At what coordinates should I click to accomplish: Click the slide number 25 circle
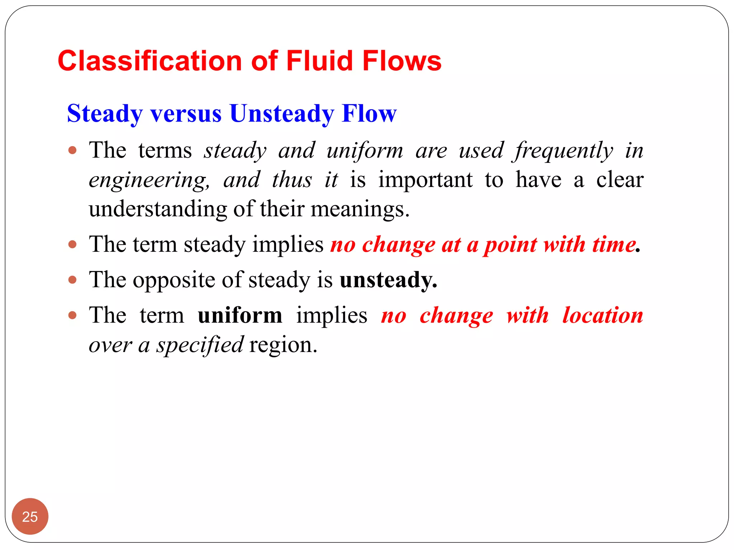click(x=30, y=516)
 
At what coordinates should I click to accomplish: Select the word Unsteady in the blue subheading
click(x=282, y=114)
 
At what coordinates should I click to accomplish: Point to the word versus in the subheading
click(x=186, y=114)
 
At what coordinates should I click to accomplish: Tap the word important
click(x=425, y=180)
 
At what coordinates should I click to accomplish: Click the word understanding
click(x=158, y=209)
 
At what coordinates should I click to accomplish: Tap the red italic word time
click(x=613, y=245)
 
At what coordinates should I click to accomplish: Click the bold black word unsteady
click(x=388, y=280)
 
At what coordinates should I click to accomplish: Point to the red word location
click(x=602, y=315)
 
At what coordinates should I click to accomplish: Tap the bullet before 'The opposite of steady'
click(x=72, y=280)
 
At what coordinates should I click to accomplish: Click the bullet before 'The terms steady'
click(x=72, y=150)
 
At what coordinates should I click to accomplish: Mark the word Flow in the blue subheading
click(x=369, y=114)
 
